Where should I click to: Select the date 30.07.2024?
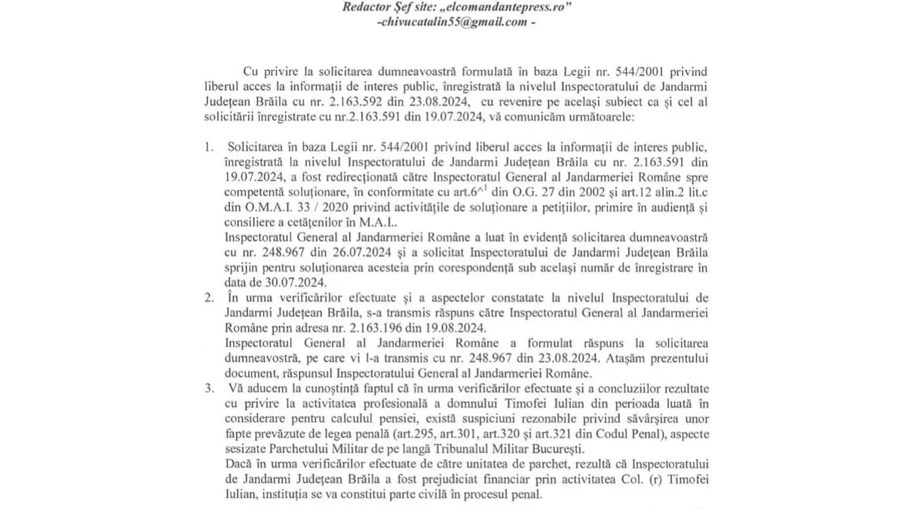pos(295,283)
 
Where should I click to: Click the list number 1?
pos(209,146)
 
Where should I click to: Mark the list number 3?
pos(209,388)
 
